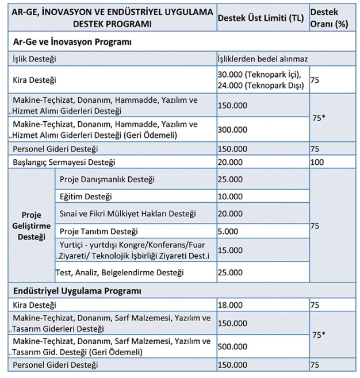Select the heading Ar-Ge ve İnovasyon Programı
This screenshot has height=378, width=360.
(72, 42)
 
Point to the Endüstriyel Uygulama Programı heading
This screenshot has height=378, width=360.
(78, 291)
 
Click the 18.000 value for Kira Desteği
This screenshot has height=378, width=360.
(230, 306)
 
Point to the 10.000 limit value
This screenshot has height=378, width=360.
(230, 196)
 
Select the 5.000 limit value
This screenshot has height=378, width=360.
(228, 232)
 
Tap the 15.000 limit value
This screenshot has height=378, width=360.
(230, 250)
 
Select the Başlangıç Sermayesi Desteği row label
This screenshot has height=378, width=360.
(64, 163)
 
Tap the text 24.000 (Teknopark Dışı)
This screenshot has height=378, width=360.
(262, 85)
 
